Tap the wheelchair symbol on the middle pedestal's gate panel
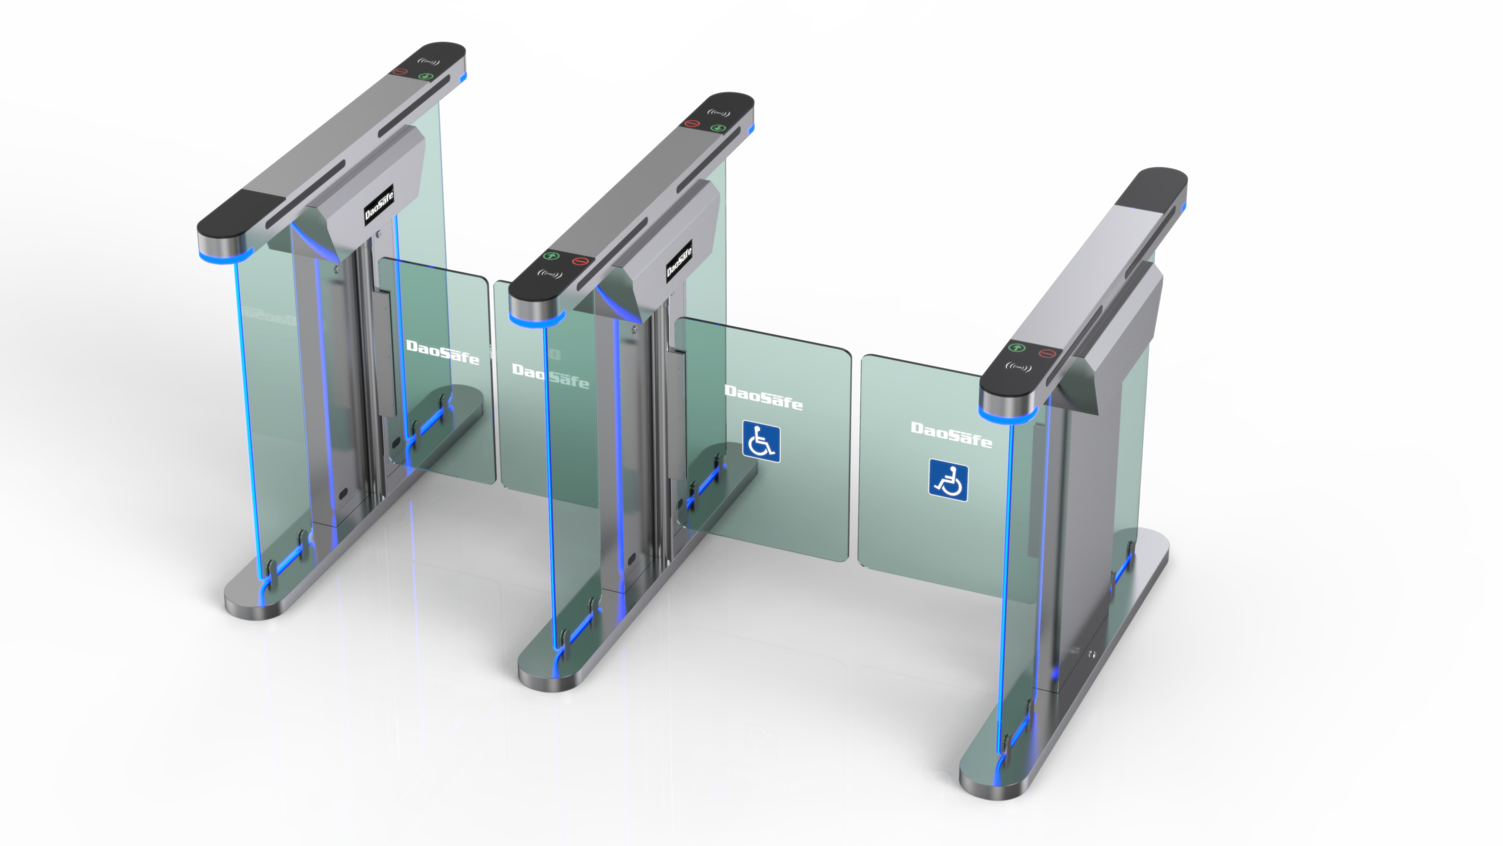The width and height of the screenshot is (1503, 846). click(761, 442)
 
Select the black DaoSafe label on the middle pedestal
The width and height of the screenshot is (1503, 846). click(679, 259)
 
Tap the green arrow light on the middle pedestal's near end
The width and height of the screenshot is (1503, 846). click(550, 256)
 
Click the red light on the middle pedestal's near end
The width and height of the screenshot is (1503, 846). click(579, 261)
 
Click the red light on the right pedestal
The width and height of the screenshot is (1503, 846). click(1047, 354)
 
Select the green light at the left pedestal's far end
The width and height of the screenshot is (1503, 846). click(424, 76)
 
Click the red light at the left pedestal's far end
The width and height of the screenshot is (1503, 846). click(400, 72)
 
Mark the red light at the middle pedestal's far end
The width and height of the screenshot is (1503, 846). click(692, 123)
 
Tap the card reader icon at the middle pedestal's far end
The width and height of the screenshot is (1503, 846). click(719, 113)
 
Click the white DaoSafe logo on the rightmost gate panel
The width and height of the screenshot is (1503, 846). click(951, 435)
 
